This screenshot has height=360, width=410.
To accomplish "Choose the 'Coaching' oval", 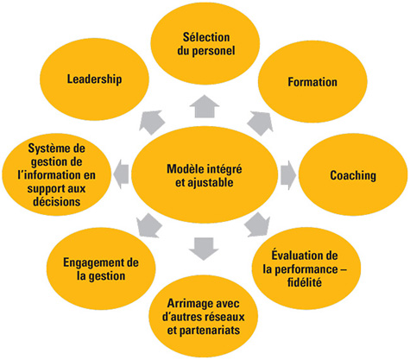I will [352, 175].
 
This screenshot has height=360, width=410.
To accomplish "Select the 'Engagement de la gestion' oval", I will [94, 268].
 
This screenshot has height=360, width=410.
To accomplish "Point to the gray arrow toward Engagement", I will [148, 227].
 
